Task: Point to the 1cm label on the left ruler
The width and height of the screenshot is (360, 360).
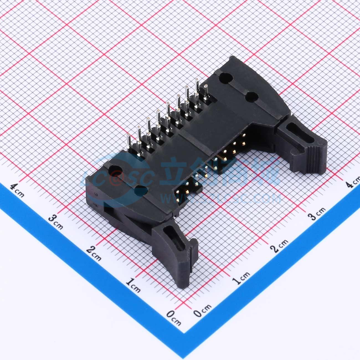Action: point(133,285)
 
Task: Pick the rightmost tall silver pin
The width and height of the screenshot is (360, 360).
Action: point(206,91)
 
